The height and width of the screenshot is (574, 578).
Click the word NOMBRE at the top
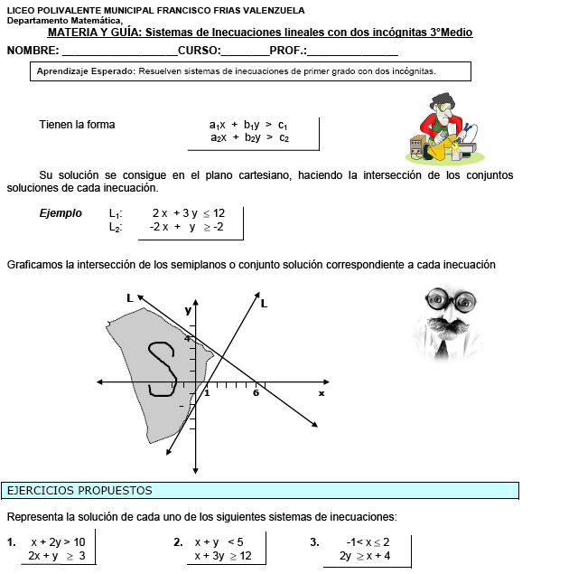pyautogui.click(x=33, y=51)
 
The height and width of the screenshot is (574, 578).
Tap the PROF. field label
pyautogui.click(x=288, y=51)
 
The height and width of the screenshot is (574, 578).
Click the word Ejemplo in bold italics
pyautogui.click(x=61, y=214)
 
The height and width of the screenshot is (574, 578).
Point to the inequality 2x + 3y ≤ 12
pyautogui.click(x=188, y=213)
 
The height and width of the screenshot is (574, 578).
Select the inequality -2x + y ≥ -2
pyautogui.click(x=186, y=228)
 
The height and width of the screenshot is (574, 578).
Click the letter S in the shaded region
pyautogui.click(x=162, y=369)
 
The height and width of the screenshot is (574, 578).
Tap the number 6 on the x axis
pyautogui.click(x=256, y=392)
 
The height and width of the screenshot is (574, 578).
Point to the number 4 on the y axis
pyautogui.click(x=188, y=338)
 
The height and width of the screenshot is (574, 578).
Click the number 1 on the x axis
pyautogui.click(x=206, y=392)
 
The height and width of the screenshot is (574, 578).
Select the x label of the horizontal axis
pyautogui.click(x=321, y=393)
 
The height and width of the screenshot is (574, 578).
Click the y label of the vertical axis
pyautogui.click(x=188, y=310)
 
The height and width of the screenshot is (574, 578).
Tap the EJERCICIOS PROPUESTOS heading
pyautogui.click(x=79, y=491)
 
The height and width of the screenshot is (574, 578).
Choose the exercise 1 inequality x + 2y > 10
pyautogui.click(x=58, y=542)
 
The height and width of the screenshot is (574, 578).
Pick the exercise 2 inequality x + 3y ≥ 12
pyautogui.click(x=223, y=556)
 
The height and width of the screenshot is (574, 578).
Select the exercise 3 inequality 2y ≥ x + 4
pyautogui.click(x=364, y=556)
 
